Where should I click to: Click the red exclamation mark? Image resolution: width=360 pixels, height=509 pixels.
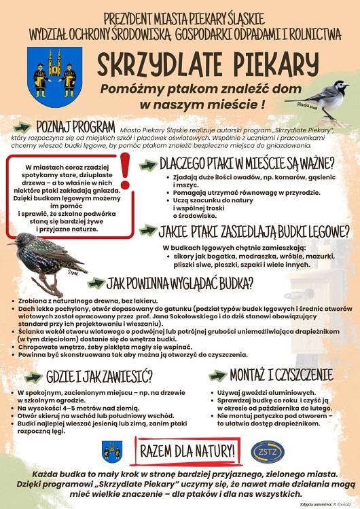pyautogui.click(x=124, y=172)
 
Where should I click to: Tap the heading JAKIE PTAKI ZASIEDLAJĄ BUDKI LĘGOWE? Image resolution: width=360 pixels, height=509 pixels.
pyautogui.click(x=254, y=232)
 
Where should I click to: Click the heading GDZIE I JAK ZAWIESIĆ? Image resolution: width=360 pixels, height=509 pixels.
pyautogui.click(x=98, y=376)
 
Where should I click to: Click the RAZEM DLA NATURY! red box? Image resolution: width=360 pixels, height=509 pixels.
pyautogui.click(x=187, y=450)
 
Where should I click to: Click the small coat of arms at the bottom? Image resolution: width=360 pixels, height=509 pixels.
pyautogui.click(x=112, y=451)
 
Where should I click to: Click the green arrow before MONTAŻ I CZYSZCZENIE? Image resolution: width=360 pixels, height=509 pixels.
pyautogui.click(x=219, y=375)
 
